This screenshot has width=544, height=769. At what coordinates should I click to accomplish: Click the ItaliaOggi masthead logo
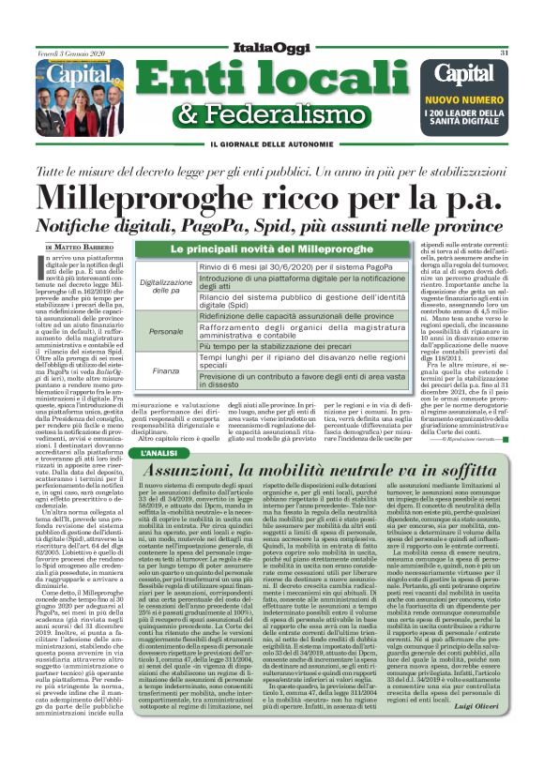click(271, 47)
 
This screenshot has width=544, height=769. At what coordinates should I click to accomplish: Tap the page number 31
click(504, 53)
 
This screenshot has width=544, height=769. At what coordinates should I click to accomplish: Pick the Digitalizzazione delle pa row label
click(165, 286)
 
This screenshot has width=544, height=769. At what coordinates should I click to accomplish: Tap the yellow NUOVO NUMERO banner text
click(465, 98)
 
